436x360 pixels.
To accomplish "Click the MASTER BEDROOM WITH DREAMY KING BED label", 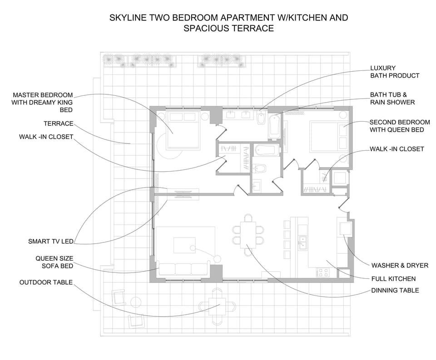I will click(x=43, y=102).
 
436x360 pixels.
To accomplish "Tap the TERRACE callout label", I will click(x=58, y=123).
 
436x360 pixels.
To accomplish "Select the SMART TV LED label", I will click(x=50, y=242).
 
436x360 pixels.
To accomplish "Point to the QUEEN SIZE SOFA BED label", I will click(x=54, y=262).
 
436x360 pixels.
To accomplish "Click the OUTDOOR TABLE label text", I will click(x=46, y=282).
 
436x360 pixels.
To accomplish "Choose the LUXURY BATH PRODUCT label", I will click(x=395, y=72).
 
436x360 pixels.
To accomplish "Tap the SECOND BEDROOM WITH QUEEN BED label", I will click(x=400, y=126).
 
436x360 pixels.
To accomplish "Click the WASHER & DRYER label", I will click(x=400, y=266).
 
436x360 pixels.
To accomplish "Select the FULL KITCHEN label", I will click(x=393, y=279).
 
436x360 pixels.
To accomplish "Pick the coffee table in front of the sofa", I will click(x=184, y=245).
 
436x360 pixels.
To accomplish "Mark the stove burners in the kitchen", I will click(x=322, y=272).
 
